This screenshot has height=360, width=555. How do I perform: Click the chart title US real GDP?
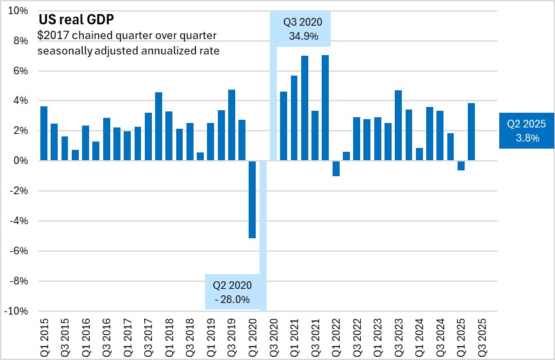coord(77,20)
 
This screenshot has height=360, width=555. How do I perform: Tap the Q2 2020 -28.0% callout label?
coord(233,291)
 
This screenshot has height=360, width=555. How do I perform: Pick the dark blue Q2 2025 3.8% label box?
coord(527,130)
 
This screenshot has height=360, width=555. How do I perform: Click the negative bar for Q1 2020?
coord(253,199)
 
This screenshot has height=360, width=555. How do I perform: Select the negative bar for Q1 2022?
coord(336,168)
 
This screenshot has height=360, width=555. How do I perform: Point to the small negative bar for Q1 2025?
coord(461,165)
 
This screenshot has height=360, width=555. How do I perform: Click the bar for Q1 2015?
coord(44,133)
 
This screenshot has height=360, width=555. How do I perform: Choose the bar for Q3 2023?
coord(398,126)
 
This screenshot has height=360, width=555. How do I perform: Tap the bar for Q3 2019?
coord(231,125)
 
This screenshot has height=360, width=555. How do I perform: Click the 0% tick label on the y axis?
coord(21,161)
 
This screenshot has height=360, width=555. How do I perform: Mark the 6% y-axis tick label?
coord(21,71)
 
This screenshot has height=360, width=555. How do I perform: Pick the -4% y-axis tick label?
coord(19,221)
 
